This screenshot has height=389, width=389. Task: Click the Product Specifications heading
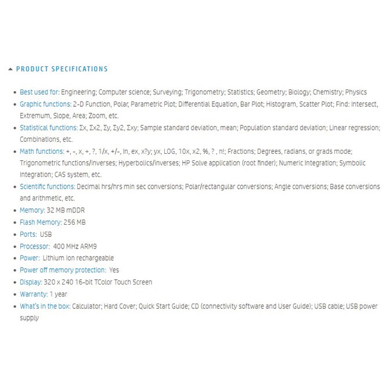tap(62, 69)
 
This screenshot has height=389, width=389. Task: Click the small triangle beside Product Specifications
tap(10, 69)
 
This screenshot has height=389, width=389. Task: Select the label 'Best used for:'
tap(39, 92)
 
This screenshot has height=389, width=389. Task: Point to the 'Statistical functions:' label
tap(48, 128)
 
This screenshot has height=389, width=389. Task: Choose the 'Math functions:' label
tap(41, 152)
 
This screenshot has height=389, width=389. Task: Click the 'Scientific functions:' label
tap(48, 187)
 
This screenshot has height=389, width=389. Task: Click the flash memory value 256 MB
tap(75, 222)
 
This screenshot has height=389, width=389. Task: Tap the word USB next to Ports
tap(46, 235)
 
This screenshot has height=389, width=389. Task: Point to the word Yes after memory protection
tap(114, 270)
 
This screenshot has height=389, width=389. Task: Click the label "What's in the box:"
tap(45, 306)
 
